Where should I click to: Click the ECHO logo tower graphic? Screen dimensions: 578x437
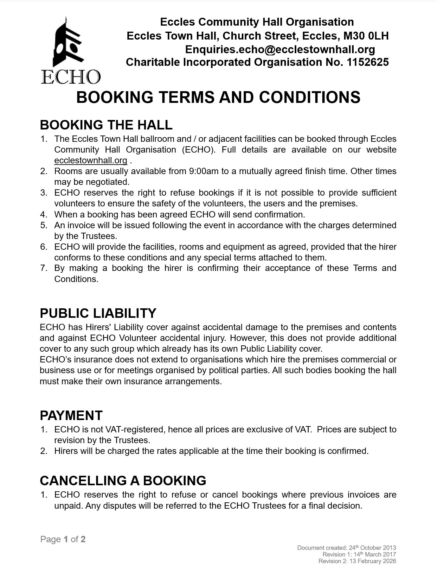tap(68, 43)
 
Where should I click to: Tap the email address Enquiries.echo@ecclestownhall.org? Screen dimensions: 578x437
tap(280, 49)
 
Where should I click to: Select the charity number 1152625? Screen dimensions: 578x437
tap(368, 62)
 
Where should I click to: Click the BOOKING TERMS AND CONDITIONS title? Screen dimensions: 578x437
tap(218, 97)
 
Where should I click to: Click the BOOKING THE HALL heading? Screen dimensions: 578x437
tap(106, 125)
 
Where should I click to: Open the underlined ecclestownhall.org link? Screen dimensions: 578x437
tap(91, 160)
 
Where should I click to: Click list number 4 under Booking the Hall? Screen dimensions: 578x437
tap(44, 215)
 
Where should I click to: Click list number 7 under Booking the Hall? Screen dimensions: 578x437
tap(44, 268)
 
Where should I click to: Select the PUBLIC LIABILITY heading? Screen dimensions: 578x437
tap(98, 313)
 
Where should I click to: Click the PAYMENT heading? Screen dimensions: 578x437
tap(71, 415)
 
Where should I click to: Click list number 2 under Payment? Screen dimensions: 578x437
tap(44, 451)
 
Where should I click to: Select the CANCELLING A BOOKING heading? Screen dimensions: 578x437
tap(123, 481)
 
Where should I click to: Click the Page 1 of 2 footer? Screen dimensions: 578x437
tap(63, 539)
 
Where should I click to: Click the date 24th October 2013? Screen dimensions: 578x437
tap(372, 548)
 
